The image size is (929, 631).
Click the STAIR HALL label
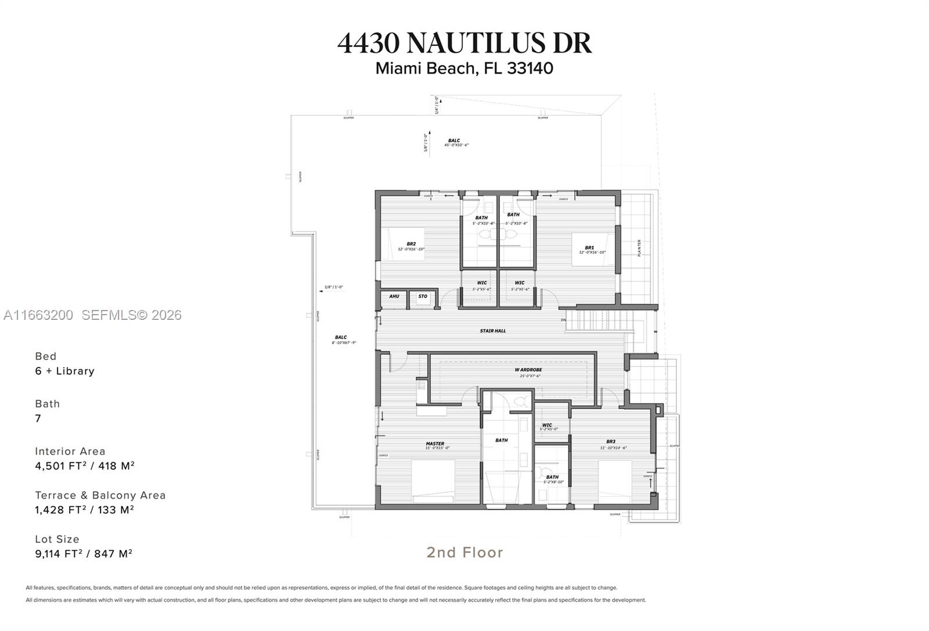pos(492,331)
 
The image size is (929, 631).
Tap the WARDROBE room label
pos(528,370)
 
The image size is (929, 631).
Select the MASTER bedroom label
pos(435,444)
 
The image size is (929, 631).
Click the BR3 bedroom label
pos(610,442)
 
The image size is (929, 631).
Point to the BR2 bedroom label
pos(411,244)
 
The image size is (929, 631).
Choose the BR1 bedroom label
pos(589,248)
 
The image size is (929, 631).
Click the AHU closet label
pos(394,297)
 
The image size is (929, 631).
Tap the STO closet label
pos(423,297)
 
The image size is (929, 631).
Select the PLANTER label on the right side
pos(639,248)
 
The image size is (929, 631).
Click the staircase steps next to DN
pos(598,320)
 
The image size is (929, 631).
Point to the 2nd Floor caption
pos(464,552)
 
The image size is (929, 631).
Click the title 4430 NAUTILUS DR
pos(464,43)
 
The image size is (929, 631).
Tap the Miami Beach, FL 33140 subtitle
pos(464,68)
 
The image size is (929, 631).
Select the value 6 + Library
pos(64,371)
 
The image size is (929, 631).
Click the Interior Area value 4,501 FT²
pos(85,466)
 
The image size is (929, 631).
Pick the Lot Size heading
pos(57,539)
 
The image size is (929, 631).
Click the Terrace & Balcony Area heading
pos(100,495)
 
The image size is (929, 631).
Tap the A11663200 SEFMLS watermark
pos(92,315)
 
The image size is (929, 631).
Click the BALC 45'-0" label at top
pos(455,140)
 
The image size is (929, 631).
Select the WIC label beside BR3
pos(547,425)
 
